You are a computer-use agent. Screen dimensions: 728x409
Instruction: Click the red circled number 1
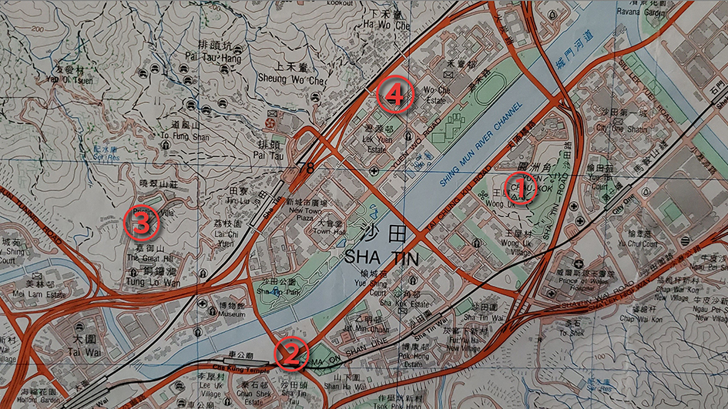518,186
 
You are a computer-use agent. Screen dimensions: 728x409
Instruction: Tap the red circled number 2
291,354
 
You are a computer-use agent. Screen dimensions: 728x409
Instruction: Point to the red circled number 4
393,96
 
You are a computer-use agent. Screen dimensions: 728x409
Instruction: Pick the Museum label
210,315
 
